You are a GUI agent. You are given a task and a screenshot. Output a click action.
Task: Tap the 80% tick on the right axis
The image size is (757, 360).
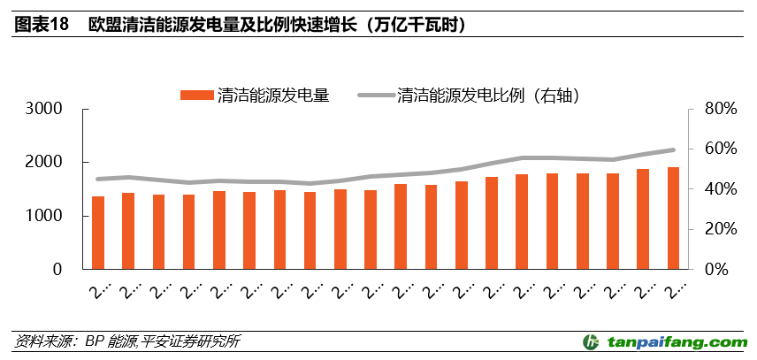(x=711, y=109)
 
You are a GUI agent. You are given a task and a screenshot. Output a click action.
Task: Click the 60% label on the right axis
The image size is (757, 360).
(x=711, y=149)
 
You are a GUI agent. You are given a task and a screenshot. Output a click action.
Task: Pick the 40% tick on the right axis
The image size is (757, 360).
(x=711, y=189)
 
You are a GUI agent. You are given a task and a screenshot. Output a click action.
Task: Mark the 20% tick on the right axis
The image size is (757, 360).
(x=711, y=229)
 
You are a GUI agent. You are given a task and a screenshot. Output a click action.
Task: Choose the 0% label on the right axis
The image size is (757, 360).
(x=715, y=269)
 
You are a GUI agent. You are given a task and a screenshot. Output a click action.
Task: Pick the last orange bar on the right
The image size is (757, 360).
(x=673, y=218)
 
